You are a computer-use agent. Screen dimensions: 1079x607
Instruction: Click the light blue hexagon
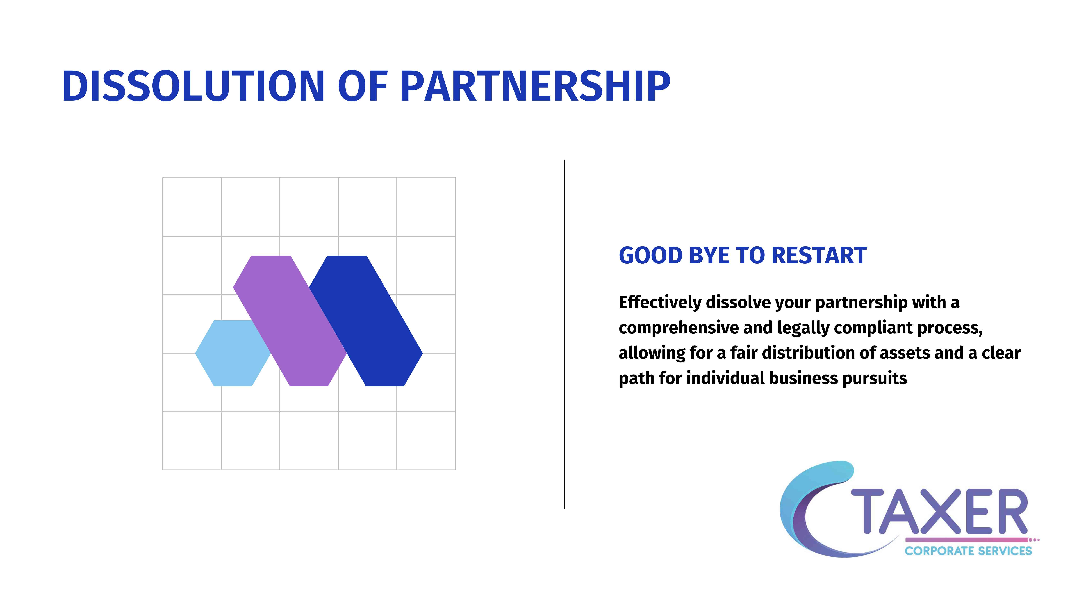[x=233, y=353]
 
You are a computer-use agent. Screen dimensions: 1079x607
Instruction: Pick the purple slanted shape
[x=290, y=320]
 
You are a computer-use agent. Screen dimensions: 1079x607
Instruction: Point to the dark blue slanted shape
[x=366, y=320]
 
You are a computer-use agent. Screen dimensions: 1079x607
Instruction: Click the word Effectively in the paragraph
[x=660, y=303]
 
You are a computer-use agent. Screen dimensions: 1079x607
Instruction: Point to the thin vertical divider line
[x=565, y=334]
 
